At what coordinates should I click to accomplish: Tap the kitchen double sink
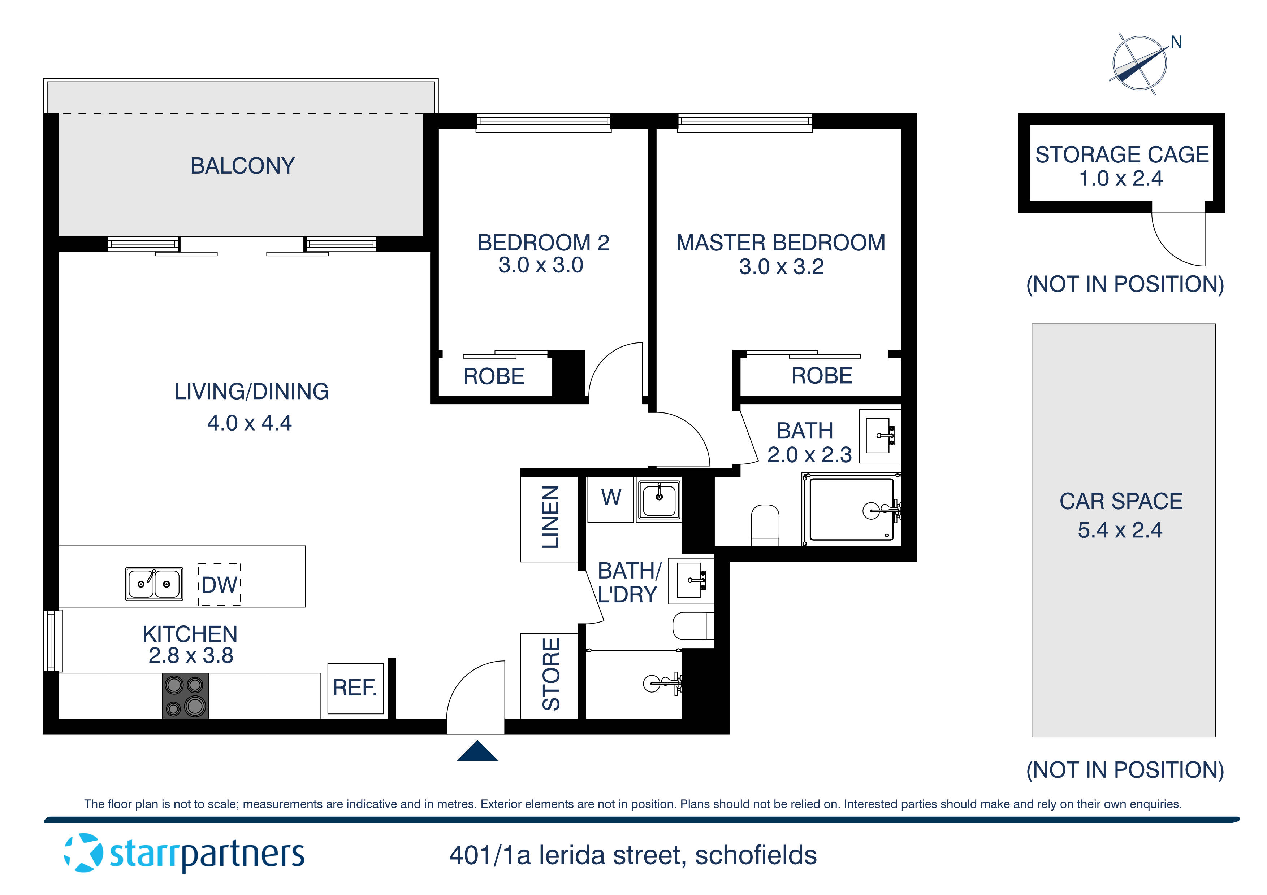click(154, 584)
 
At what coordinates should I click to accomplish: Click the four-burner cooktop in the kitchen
click(185, 696)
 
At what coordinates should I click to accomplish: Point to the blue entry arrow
click(477, 751)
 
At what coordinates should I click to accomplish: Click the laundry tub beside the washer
click(659, 499)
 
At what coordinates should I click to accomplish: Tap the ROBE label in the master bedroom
click(822, 376)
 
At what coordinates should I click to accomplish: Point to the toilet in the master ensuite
click(765, 524)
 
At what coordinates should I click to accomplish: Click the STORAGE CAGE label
click(1122, 155)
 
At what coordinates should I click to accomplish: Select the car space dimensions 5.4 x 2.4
click(1120, 530)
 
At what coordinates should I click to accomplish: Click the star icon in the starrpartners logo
click(83, 852)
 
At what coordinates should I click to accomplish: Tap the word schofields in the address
click(756, 855)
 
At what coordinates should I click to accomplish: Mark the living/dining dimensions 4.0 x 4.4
click(250, 423)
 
